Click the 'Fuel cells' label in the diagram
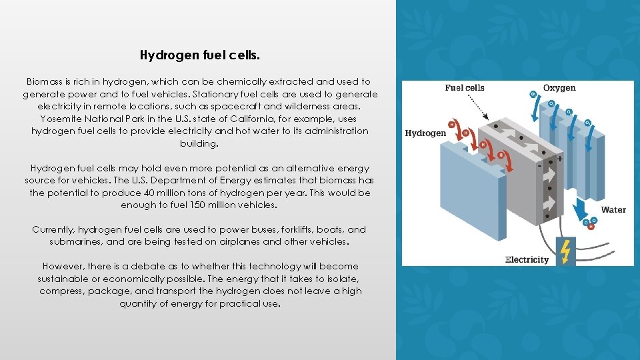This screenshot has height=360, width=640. pos(465,88)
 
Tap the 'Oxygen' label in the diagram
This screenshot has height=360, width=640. pos(559,88)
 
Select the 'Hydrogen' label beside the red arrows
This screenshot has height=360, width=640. pos(425,133)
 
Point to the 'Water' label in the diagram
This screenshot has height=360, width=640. pos(613,210)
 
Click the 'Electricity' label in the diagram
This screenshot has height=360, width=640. pos(527,259)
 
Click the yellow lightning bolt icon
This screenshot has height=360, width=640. pos(565,251)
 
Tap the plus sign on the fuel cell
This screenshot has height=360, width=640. pos(559,159)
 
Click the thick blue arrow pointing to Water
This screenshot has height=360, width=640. pos(581,207)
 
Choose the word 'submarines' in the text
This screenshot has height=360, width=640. pos(75,241)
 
